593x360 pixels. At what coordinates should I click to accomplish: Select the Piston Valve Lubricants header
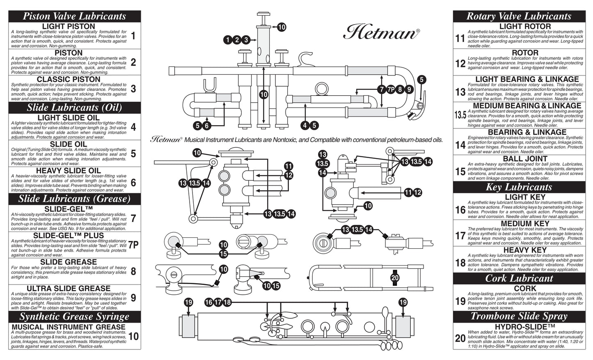pos(74,16)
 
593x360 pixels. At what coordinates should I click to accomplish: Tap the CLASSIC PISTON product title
pos(69,79)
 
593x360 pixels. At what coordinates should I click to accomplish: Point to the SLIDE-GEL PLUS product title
pos(69,235)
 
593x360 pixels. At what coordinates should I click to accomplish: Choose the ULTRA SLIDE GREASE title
pos(69,289)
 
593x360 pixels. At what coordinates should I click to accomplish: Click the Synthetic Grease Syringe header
pos(74,316)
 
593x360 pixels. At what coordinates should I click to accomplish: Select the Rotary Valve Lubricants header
pos(519,16)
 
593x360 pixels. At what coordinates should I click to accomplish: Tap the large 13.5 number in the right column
pos(460,115)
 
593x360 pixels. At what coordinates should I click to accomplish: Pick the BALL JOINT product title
pos(525,159)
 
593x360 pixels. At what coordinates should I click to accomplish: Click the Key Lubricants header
pos(519,187)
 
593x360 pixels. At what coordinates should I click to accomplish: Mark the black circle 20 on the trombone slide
pos(395,277)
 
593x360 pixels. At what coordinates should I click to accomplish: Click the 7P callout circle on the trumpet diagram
pos(390,89)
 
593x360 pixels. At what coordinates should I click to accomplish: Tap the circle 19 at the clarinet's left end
pos(188,303)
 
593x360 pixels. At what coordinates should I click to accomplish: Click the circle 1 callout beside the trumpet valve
pos(228,40)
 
